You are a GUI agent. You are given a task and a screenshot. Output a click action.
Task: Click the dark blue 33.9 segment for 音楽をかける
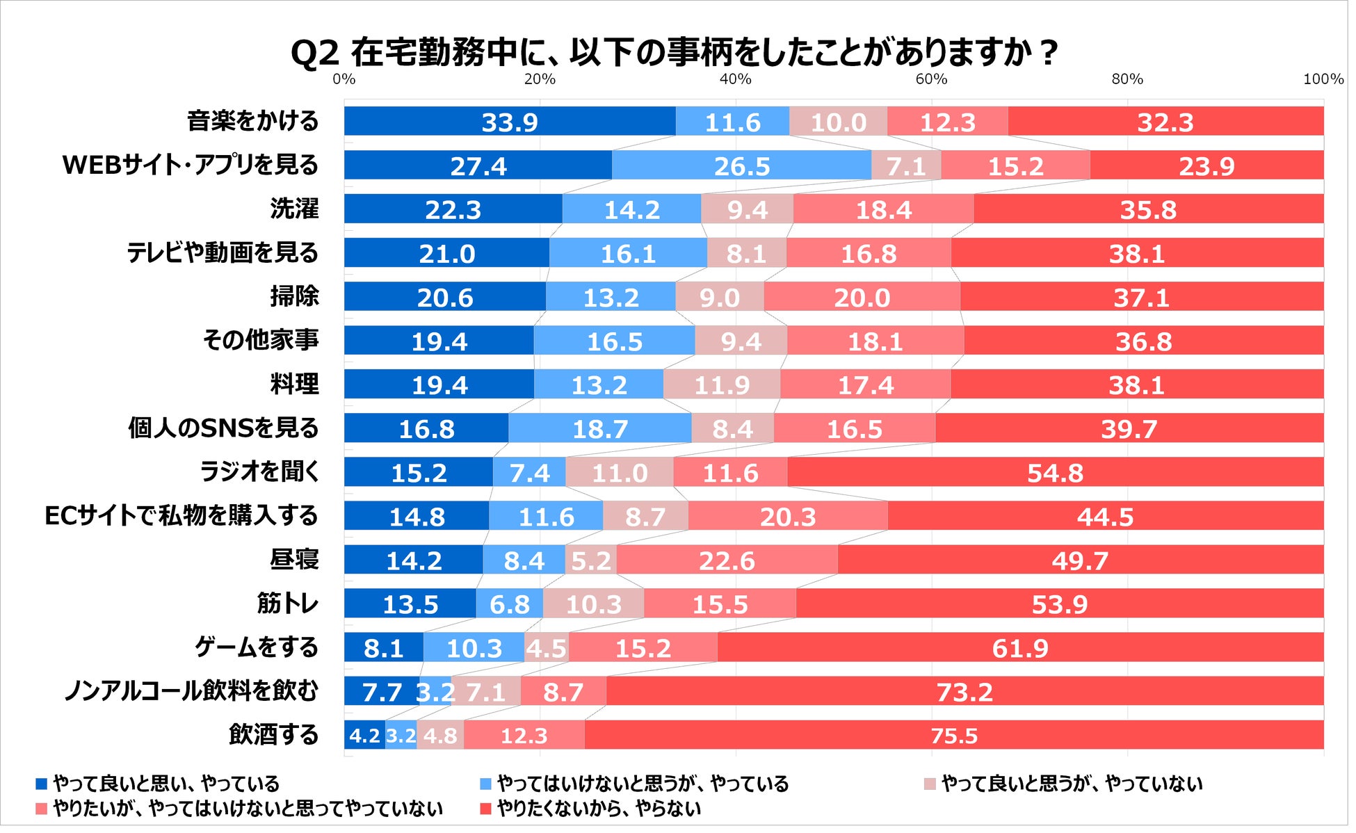point(510,122)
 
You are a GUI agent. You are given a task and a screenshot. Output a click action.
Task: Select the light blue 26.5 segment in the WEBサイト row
point(742,165)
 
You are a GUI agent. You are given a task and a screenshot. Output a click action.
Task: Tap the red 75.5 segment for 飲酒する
point(954,735)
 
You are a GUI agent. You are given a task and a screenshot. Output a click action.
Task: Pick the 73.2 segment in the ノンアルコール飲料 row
point(964,691)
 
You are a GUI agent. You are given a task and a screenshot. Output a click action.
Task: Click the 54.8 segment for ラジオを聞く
point(1055,472)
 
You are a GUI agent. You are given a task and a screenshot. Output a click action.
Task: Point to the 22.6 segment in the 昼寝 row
point(727,560)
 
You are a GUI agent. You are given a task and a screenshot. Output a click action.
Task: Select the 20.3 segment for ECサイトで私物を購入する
point(787,516)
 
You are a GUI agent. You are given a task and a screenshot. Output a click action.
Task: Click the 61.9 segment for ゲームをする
point(1019,647)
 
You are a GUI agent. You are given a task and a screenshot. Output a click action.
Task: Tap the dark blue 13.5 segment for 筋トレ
point(410,604)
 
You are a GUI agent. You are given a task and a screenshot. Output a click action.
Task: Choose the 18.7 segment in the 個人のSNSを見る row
point(599,428)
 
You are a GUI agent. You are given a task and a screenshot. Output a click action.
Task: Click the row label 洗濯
point(294,209)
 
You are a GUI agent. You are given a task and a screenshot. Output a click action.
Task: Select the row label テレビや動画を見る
point(223,252)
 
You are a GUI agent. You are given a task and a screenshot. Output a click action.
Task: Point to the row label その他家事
point(261,340)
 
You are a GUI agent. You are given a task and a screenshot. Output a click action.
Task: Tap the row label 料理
point(294,384)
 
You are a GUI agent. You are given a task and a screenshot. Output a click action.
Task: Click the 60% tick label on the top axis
point(931,79)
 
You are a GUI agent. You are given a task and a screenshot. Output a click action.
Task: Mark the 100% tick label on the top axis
point(1323,79)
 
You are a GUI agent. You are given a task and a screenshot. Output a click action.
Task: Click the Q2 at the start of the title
point(314,53)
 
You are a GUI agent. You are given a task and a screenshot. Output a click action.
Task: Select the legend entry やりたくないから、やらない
point(599,809)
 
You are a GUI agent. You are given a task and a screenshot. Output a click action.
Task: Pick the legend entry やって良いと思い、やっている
point(166,784)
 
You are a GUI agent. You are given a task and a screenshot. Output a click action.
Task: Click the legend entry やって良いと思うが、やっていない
point(1072,784)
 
